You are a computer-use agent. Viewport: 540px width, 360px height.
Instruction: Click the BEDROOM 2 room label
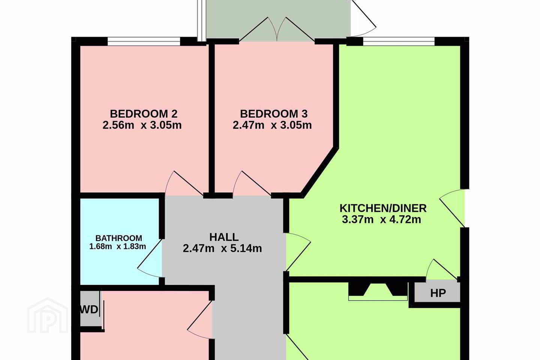click(x=144, y=114)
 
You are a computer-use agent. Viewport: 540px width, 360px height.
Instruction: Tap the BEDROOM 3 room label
click(x=274, y=114)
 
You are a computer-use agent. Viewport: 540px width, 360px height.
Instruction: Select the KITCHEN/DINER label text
click(x=383, y=208)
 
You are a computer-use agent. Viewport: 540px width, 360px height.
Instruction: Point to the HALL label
click(x=224, y=237)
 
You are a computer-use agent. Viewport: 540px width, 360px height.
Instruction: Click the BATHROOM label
click(x=119, y=238)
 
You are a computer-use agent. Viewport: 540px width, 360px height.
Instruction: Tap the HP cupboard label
click(x=438, y=293)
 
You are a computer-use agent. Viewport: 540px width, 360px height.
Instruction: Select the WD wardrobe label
click(x=89, y=310)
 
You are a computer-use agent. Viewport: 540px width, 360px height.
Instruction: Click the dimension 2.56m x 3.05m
click(x=142, y=125)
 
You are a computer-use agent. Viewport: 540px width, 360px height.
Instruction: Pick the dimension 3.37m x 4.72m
click(x=381, y=220)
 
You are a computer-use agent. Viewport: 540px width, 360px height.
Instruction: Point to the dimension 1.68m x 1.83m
click(x=118, y=247)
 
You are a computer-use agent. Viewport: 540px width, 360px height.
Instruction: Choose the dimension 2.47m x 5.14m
click(x=222, y=248)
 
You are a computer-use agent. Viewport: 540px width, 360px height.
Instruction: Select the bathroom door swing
click(x=150, y=258)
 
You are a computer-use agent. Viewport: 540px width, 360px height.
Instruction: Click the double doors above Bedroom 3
click(x=277, y=29)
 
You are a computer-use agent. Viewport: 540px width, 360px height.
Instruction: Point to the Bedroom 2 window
click(x=144, y=41)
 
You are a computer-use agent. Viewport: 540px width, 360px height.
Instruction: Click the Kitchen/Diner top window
click(x=399, y=41)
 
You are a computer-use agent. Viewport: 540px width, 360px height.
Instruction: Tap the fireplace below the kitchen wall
click(x=378, y=291)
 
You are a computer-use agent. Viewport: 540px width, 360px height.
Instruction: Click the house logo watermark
click(x=48, y=315)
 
